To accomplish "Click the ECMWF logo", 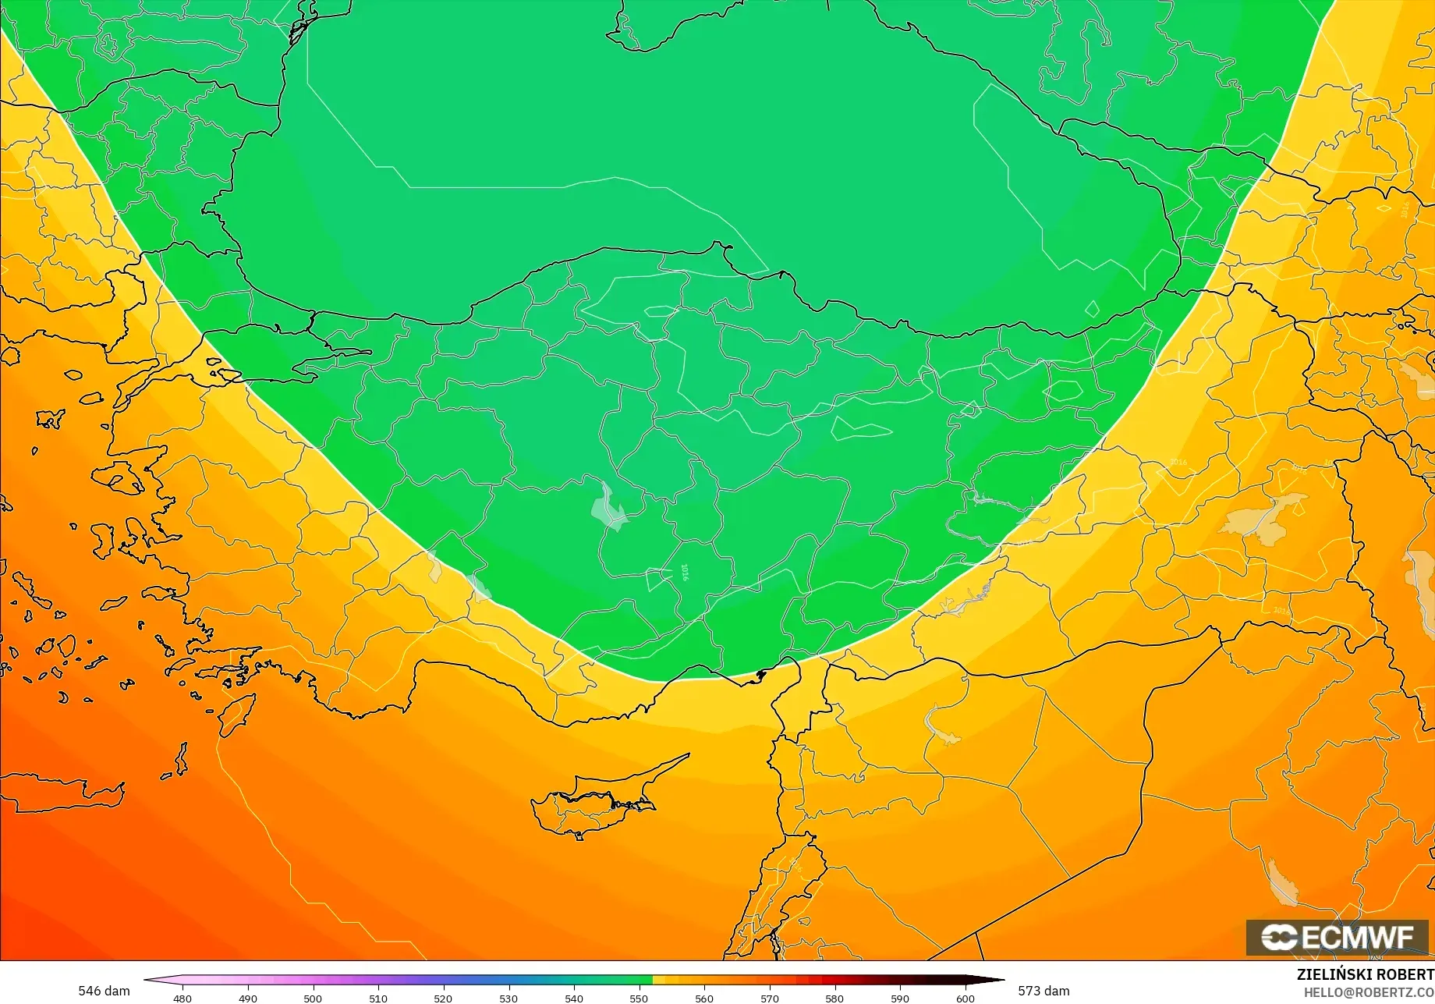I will point(1337,937).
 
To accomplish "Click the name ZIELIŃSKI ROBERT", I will point(1365,974).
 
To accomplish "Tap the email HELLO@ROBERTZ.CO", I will point(1369,992).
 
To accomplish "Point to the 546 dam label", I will point(104,991).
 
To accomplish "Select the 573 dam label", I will point(1043,991).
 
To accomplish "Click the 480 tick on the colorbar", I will point(182,998).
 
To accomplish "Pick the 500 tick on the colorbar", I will point(313,998).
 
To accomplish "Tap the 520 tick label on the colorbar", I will point(443,998).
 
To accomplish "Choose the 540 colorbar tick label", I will point(573,998).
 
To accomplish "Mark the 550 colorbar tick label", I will point(639,998).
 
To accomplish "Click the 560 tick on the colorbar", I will point(704,998).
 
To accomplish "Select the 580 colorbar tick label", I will point(834,998).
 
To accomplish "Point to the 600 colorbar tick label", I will point(965,998).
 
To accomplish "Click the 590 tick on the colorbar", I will point(900,998).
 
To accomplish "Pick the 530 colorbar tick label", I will point(508,998).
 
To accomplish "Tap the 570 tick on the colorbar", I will point(770,998).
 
